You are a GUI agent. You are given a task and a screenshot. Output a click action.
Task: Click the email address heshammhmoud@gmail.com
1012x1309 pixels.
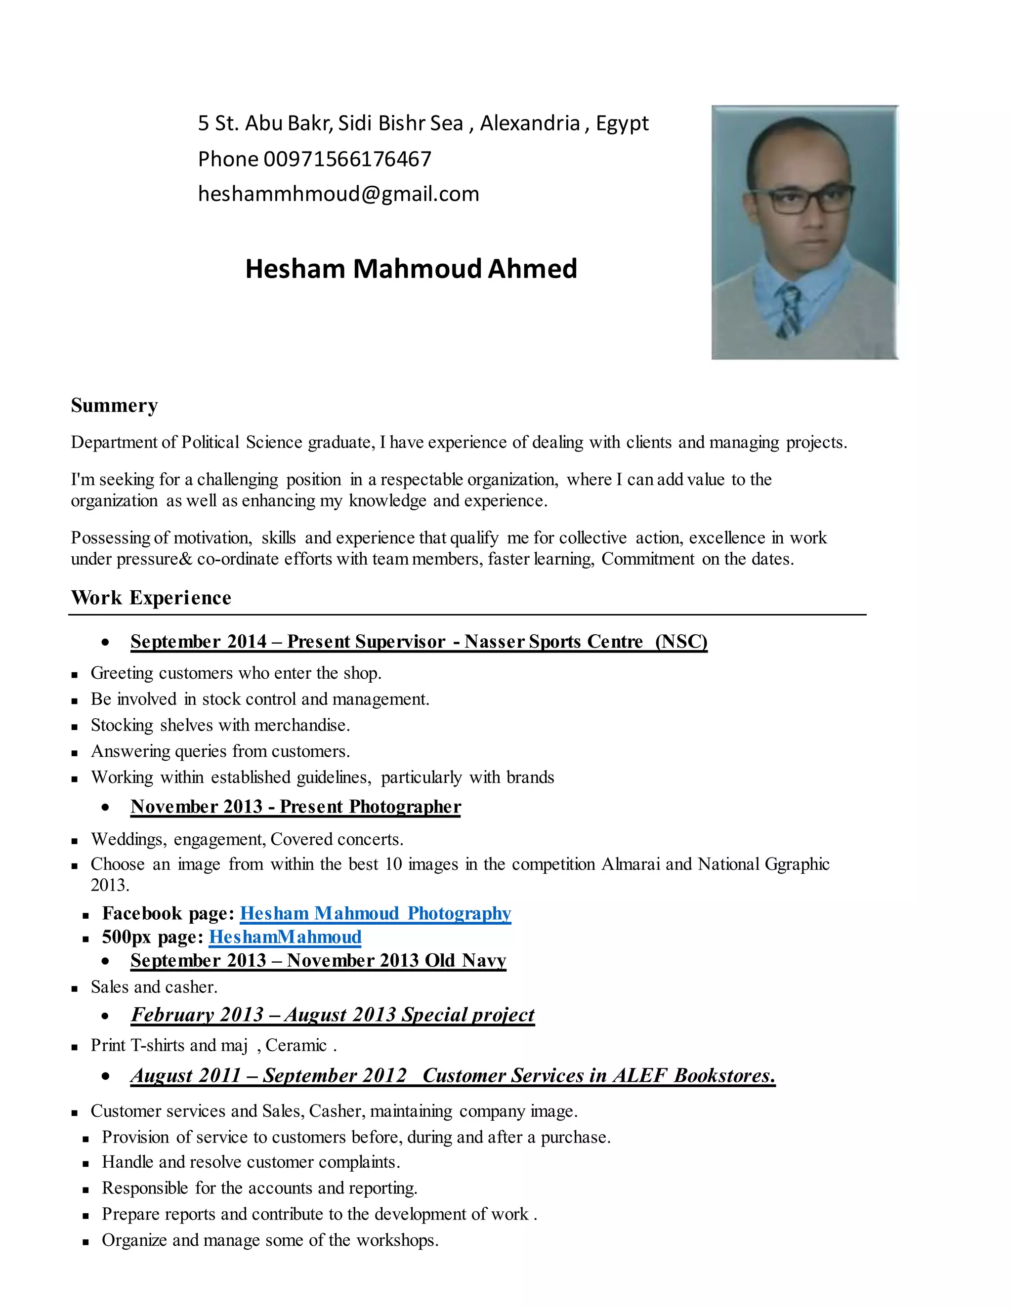(338, 194)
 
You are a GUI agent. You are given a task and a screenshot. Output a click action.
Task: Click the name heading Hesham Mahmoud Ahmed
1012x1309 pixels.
(411, 269)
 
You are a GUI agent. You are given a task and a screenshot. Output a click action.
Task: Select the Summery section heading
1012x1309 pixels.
(114, 406)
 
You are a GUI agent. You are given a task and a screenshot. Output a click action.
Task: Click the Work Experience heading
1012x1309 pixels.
(151, 598)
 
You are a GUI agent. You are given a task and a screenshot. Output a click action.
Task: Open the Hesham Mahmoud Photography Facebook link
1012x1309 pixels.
(376, 913)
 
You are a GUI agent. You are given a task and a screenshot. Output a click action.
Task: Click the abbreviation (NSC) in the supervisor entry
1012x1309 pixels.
(681, 642)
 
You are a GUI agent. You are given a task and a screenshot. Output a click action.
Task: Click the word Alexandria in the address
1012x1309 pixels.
(530, 123)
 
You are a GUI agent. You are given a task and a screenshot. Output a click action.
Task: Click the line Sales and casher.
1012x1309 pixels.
(154, 987)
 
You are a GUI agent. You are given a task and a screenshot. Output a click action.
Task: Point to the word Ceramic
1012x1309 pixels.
(295, 1045)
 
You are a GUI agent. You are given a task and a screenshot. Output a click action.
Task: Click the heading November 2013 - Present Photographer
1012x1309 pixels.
(295, 807)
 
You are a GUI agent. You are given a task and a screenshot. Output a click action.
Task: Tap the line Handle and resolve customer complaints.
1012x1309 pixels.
(251, 1162)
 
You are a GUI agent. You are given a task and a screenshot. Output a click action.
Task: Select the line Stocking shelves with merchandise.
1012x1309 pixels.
(220, 725)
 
